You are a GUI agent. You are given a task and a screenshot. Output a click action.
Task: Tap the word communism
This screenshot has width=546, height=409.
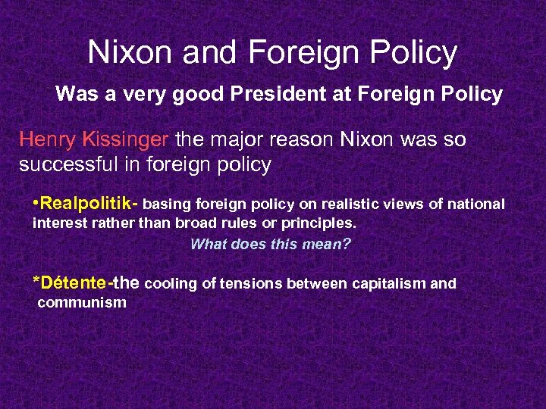tap(81, 303)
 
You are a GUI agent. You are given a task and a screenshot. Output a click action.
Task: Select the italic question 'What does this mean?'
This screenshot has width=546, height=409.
tap(271, 244)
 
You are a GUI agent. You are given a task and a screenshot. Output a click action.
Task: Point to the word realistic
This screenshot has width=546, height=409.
tap(351, 204)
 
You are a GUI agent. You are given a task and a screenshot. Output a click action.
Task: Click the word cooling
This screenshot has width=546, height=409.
tap(171, 284)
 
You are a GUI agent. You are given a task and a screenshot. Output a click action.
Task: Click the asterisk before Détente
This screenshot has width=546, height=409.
tap(36, 282)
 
